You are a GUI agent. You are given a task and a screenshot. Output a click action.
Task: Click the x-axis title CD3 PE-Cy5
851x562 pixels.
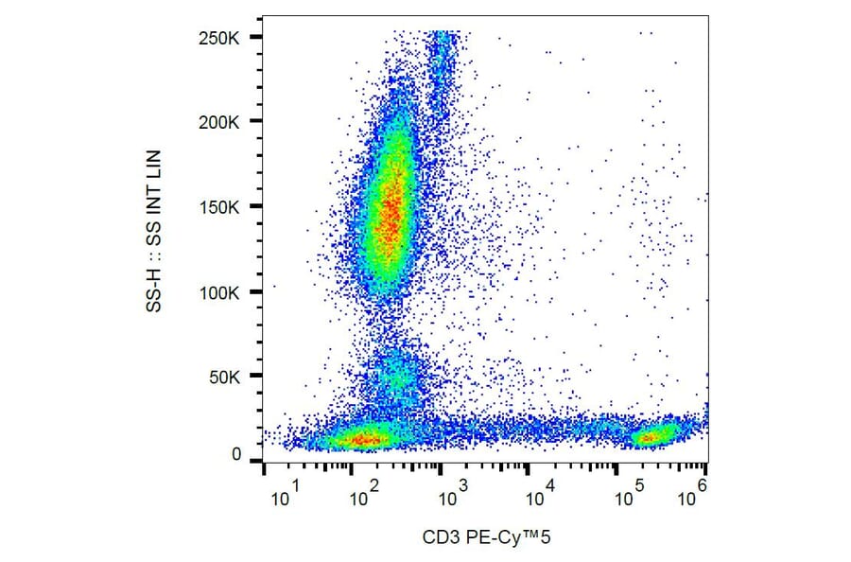486,538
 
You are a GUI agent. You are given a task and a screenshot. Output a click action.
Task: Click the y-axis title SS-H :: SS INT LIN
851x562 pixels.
158,232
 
